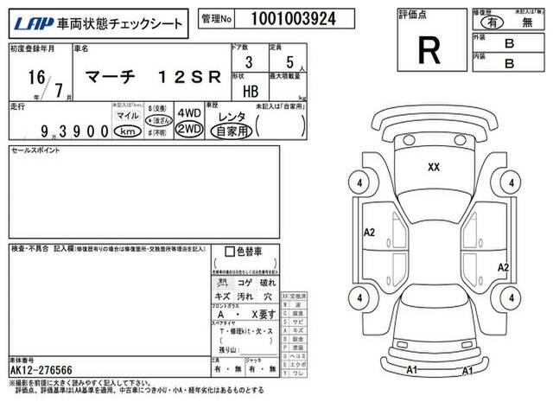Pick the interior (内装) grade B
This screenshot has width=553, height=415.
[509, 63]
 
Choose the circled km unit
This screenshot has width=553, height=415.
[126, 131]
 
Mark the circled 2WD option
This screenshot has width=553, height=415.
[188, 129]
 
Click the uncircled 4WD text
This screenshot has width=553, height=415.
[188, 112]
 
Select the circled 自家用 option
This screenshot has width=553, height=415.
[232, 130]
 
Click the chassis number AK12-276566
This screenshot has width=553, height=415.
[44, 370]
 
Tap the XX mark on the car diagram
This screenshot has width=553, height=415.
[434, 168]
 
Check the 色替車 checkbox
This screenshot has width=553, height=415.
[230, 252]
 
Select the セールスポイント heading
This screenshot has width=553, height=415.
[33, 150]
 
